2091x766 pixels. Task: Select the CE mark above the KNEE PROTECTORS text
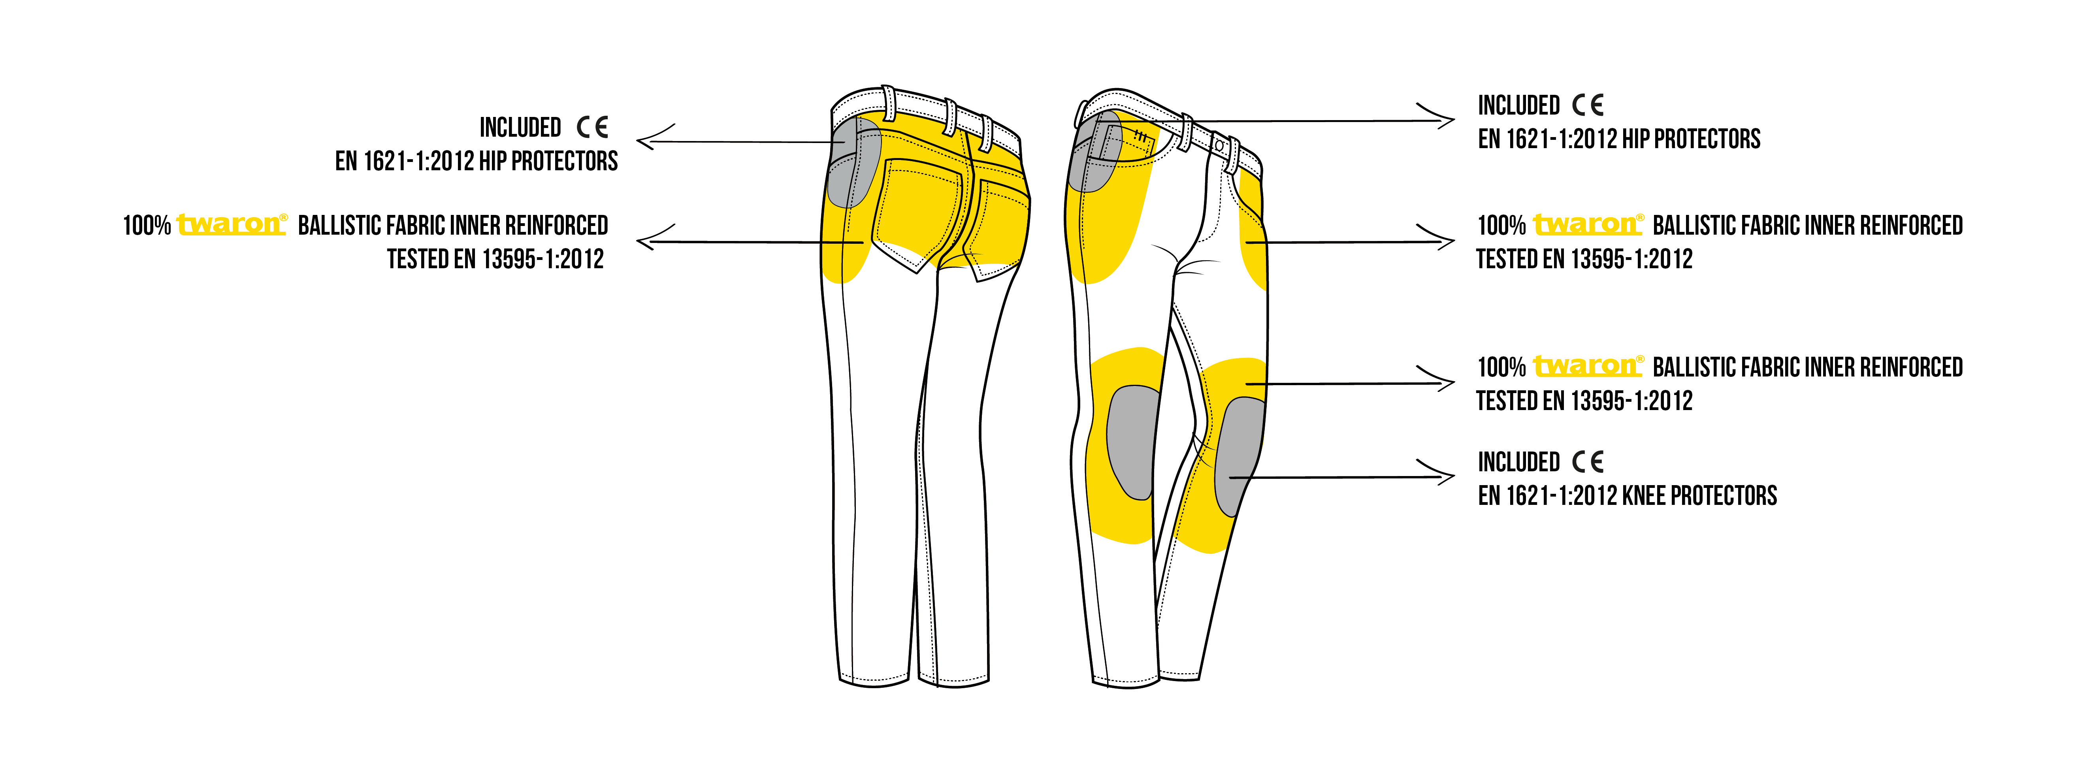[x=1588, y=462]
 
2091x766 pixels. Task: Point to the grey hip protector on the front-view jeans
[x=1096, y=152]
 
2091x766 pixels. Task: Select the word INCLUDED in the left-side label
[x=520, y=127]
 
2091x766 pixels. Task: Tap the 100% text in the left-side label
[x=147, y=225]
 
